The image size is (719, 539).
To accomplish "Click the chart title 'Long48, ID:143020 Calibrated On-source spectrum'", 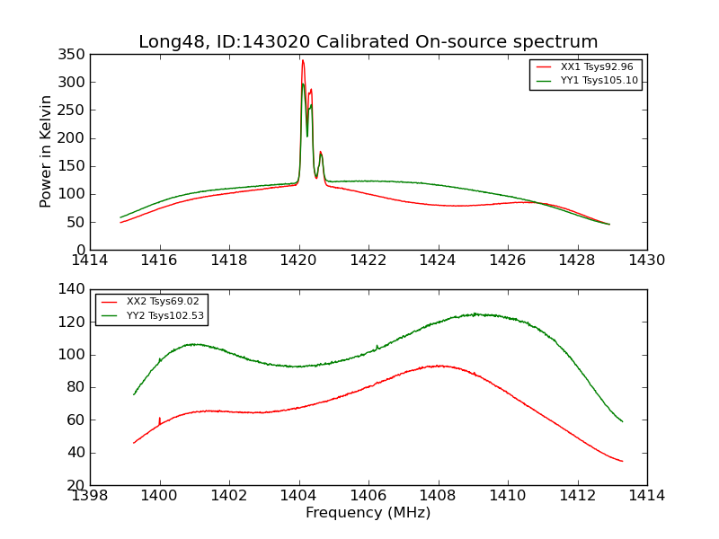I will coord(368,42).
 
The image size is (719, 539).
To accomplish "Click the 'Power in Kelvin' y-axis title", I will coord(46,151).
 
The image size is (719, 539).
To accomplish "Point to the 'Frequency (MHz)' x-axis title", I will coord(368,513).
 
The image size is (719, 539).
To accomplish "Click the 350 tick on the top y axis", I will coord(73,55).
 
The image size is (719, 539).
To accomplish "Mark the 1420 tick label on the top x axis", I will coord(298,261).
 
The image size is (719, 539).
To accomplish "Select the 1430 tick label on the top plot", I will coord(646,261).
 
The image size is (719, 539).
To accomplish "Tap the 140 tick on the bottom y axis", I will coord(73,290).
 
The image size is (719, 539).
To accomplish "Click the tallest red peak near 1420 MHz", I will coord(303,61).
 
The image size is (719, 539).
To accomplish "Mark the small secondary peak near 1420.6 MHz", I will coord(320,153).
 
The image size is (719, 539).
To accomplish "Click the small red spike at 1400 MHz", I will coord(160,419).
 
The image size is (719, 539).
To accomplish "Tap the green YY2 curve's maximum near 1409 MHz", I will coord(474,314).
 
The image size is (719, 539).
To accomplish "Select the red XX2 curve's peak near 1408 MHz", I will coord(439,366).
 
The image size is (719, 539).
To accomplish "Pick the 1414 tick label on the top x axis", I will coord(90,261).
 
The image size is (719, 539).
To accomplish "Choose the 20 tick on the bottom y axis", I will coord(76,485).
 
